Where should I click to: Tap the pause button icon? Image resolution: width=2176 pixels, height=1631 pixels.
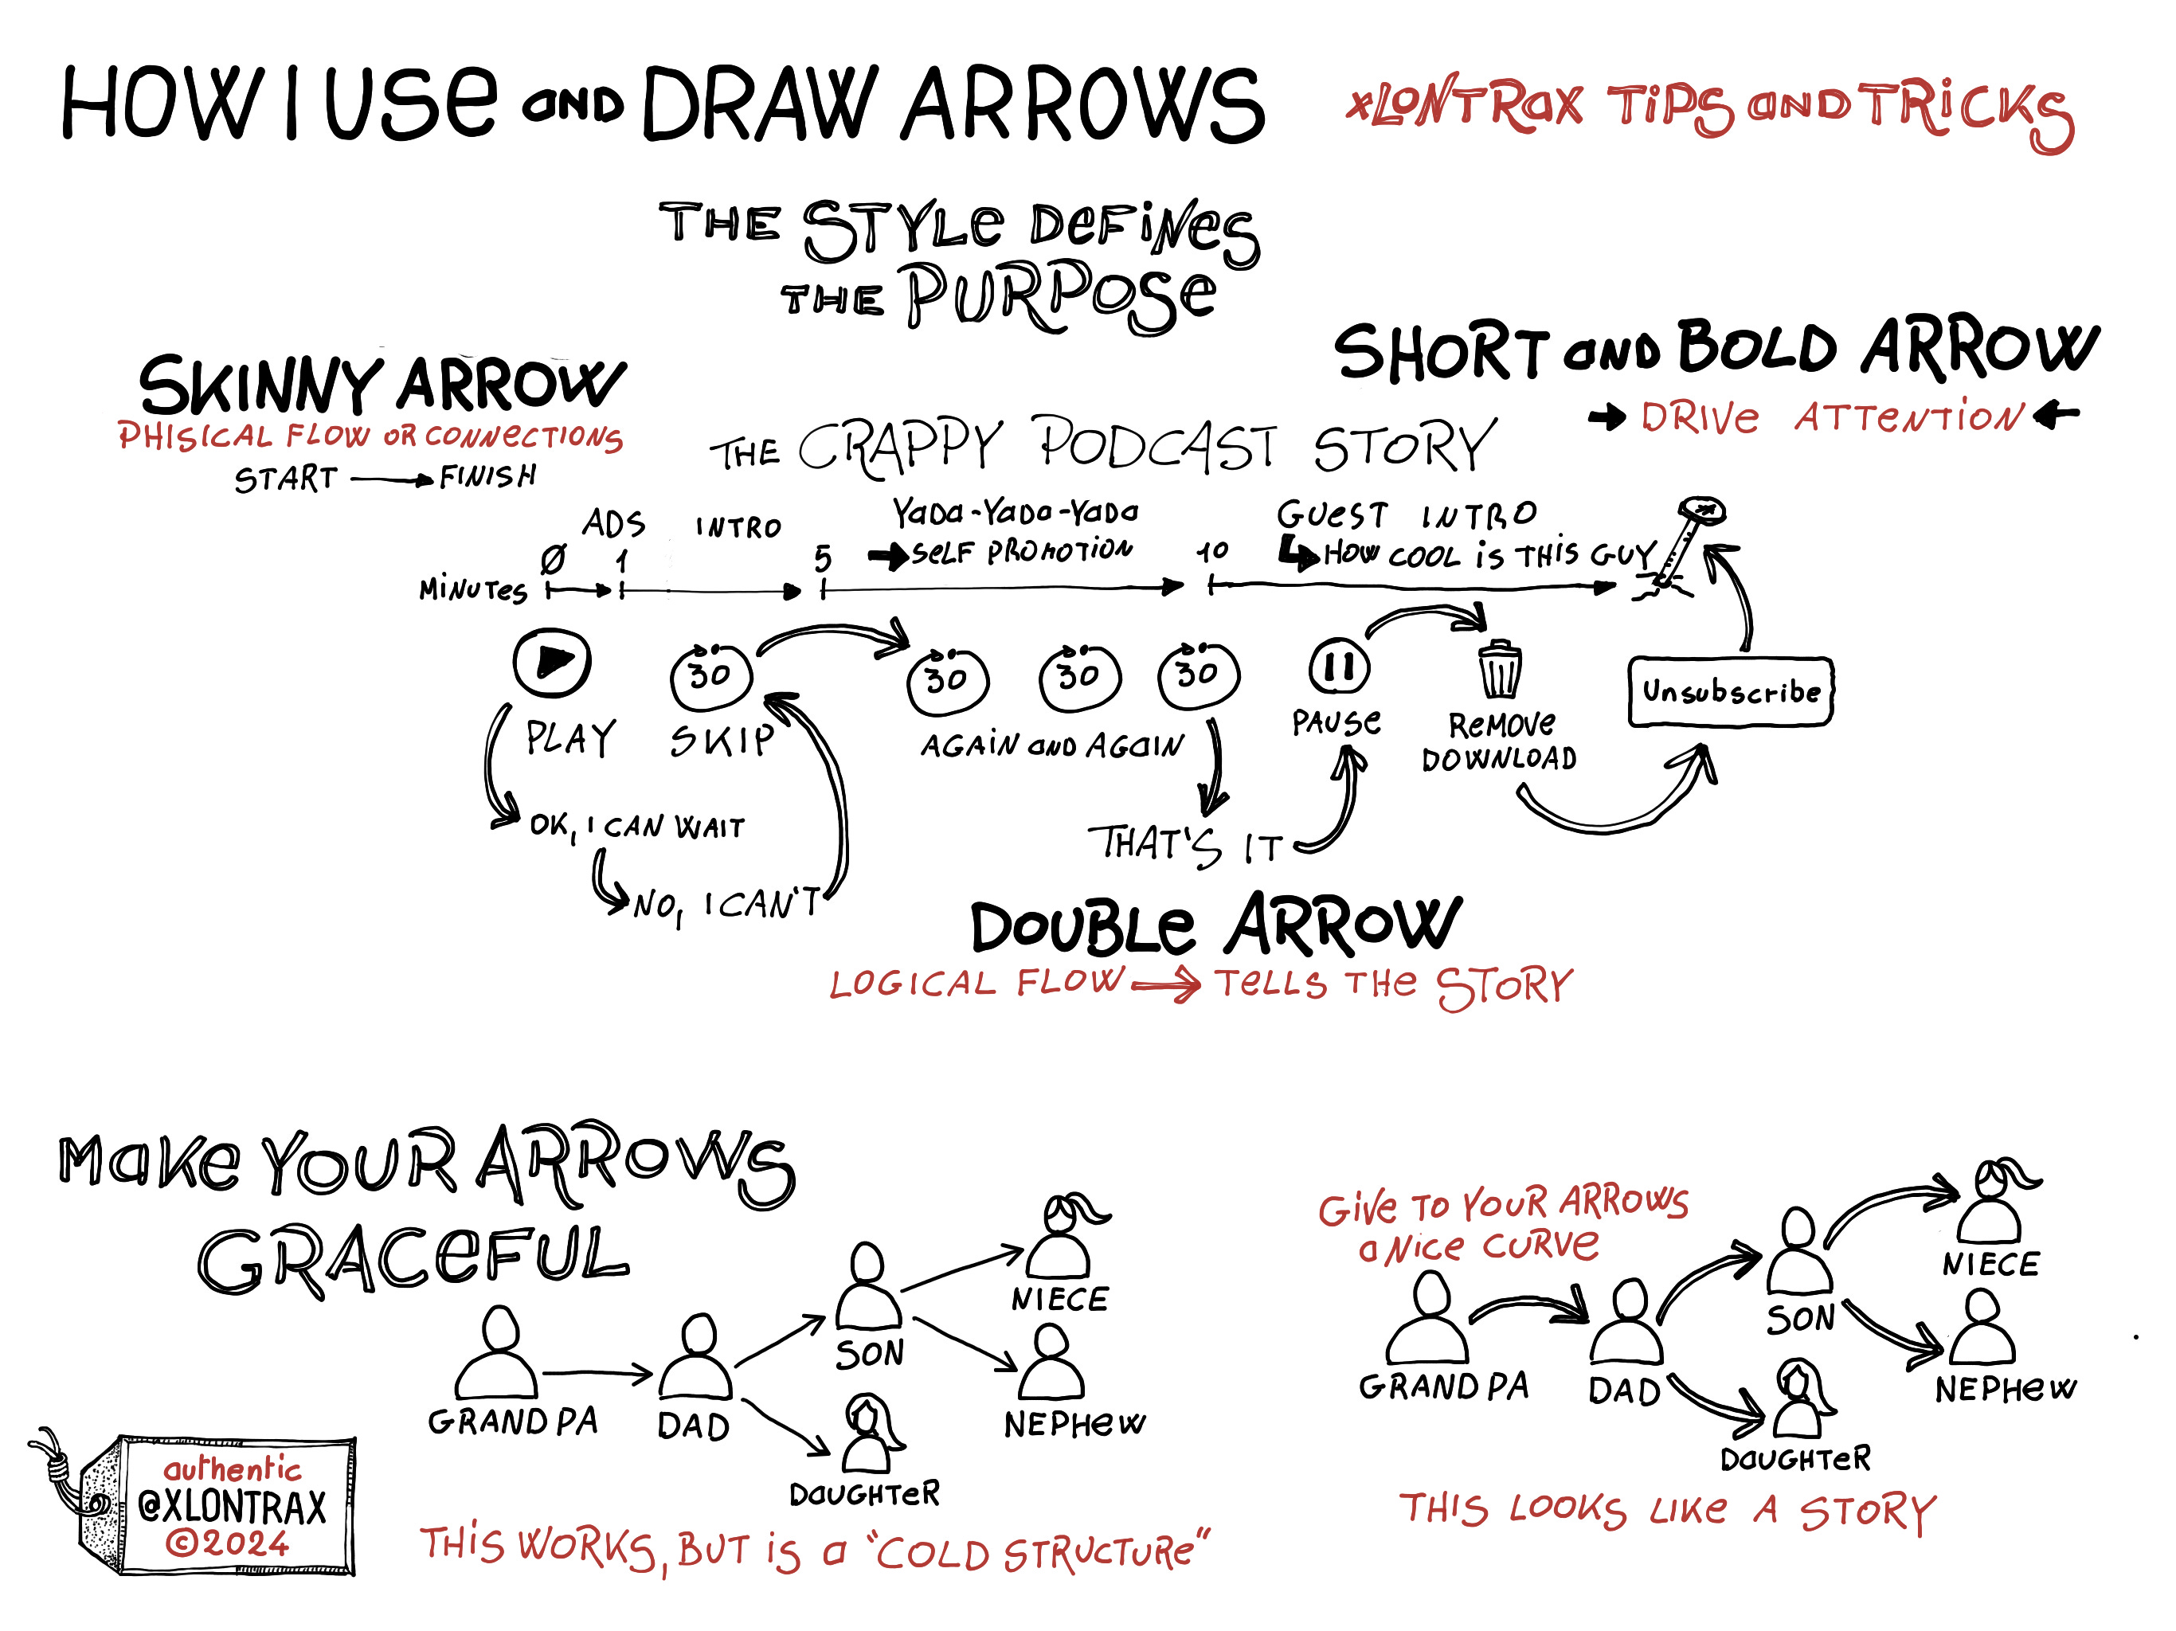pyautogui.click(x=1338, y=667)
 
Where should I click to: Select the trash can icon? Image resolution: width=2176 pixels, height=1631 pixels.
pyautogui.click(x=1499, y=670)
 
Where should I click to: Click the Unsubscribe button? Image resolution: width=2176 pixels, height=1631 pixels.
pyautogui.click(x=1731, y=691)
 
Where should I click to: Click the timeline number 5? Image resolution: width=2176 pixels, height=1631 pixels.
pyautogui.click(x=823, y=559)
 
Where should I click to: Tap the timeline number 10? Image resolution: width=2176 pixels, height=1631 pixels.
pyautogui.click(x=1212, y=551)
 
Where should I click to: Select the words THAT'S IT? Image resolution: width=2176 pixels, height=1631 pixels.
pyautogui.click(x=1185, y=844)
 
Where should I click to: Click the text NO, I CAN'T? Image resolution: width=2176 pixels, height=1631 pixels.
pyautogui.click(x=726, y=904)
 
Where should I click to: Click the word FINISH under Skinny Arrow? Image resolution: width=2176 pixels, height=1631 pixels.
pyautogui.click(x=488, y=477)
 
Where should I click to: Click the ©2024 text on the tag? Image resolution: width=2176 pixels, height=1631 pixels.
pyautogui.click(x=229, y=1543)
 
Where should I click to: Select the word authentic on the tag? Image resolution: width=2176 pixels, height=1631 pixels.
pyautogui.click(x=232, y=1469)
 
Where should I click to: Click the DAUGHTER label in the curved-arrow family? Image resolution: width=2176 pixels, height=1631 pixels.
pyautogui.click(x=1795, y=1458)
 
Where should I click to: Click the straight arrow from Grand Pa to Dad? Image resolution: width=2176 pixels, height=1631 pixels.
pyautogui.click(x=596, y=1372)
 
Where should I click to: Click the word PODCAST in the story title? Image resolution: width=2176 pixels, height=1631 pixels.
pyautogui.click(x=1156, y=446)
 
